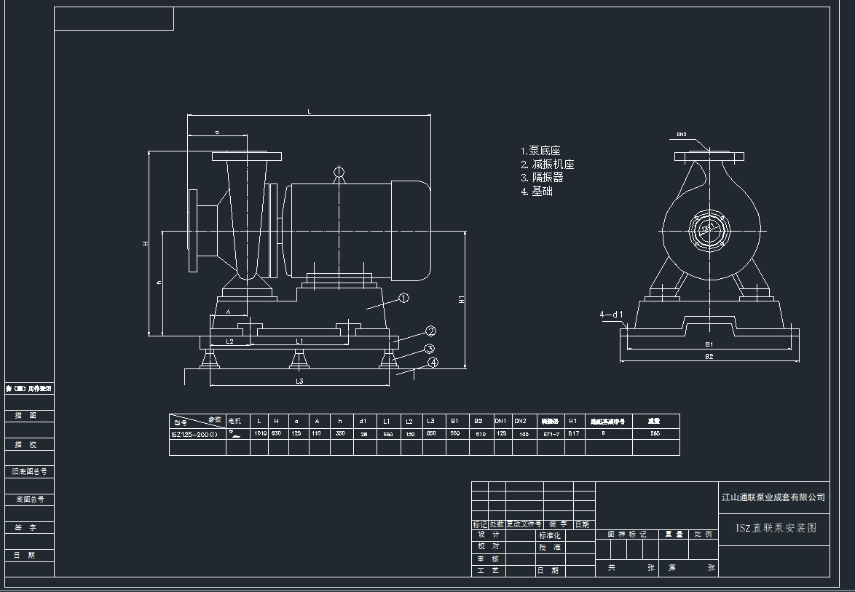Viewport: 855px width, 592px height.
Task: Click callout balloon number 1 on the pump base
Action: [x=404, y=298]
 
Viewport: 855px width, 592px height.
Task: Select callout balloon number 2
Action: [x=430, y=331]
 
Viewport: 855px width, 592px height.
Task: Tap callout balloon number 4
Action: [x=433, y=362]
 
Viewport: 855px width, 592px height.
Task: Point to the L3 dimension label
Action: [x=299, y=381]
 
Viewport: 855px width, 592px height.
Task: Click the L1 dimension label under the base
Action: [x=299, y=341]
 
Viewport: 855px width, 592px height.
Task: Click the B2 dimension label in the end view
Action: [x=709, y=357]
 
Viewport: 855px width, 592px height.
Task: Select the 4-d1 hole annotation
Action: [x=611, y=315]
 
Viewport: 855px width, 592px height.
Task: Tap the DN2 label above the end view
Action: [x=682, y=135]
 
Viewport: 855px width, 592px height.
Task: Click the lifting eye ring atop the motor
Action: [x=338, y=173]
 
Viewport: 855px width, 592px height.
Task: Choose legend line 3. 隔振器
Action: [x=542, y=178]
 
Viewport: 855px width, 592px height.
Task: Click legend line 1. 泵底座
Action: [x=540, y=151]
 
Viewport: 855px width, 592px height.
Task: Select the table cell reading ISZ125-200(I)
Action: [x=194, y=433]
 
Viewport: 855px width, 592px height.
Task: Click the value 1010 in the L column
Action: [x=259, y=433]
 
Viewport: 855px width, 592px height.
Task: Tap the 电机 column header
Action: [x=235, y=421]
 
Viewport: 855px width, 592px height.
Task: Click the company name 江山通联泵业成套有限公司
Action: [x=773, y=497]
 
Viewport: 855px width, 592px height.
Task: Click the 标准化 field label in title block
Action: [x=550, y=535]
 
